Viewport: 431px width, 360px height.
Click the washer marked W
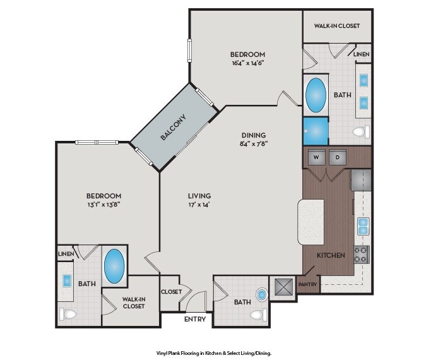(x=316, y=157)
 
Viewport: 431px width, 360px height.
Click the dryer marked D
(x=338, y=157)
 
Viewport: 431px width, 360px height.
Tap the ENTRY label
(x=195, y=320)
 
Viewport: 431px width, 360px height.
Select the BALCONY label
(x=173, y=127)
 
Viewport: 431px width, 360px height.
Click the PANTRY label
(x=307, y=284)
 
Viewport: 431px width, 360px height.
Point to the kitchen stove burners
(x=361, y=255)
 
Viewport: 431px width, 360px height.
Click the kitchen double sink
(x=363, y=226)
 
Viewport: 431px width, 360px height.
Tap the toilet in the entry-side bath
(x=258, y=315)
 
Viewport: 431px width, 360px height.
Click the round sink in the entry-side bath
(x=262, y=295)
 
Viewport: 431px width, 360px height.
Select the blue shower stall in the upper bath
(x=316, y=131)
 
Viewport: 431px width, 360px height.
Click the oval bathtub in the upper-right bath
(x=316, y=95)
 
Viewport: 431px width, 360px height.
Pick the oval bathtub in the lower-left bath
(x=114, y=267)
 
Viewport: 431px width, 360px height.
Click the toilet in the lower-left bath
(x=68, y=314)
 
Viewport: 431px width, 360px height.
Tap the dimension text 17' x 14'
(x=199, y=205)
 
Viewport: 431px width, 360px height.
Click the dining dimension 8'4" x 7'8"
(x=254, y=143)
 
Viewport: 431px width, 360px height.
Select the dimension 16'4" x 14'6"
(x=247, y=63)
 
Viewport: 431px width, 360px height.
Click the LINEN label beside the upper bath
(x=362, y=54)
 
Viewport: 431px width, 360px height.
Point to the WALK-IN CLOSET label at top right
(x=337, y=26)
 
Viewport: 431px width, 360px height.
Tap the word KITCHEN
(x=331, y=255)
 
